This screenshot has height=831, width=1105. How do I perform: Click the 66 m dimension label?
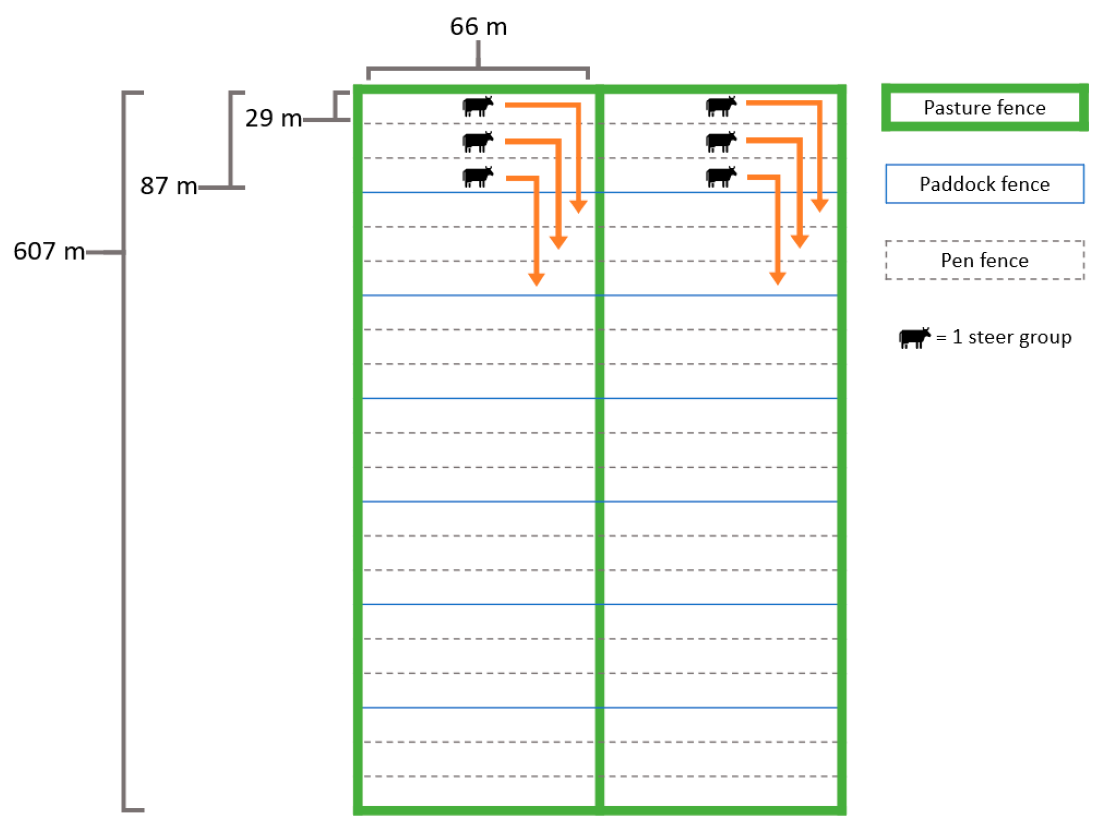click(x=478, y=27)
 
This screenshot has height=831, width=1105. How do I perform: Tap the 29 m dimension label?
click(x=273, y=119)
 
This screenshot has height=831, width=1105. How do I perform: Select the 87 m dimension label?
click(x=168, y=186)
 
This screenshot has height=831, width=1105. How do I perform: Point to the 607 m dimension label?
click(x=49, y=251)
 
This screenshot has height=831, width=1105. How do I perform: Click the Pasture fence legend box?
click(x=984, y=108)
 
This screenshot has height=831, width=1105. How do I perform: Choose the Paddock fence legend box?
click(x=984, y=184)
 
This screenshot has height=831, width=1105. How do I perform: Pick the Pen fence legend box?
click(x=984, y=260)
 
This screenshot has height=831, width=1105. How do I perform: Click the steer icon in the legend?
click(x=914, y=338)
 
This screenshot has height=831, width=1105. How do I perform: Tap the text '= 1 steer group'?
click(x=1004, y=338)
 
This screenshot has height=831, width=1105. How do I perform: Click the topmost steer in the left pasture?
click(x=477, y=107)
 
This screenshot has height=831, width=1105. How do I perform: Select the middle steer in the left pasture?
click(x=477, y=142)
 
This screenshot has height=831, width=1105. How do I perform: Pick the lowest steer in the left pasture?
click(x=477, y=177)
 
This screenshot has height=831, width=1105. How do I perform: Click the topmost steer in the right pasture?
click(x=720, y=107)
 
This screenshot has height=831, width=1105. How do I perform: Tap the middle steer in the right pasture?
click(x=720, y=142)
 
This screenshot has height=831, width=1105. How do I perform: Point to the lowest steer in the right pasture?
click(x=720, y=177)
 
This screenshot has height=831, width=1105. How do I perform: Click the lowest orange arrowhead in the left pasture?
click(x=536, y=279)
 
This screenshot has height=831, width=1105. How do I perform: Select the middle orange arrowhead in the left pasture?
click(x=558, y=242)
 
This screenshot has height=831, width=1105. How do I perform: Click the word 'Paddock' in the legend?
click(x=951, y=184)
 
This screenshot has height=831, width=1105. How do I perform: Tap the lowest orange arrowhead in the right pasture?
click(x=777, y=278)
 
